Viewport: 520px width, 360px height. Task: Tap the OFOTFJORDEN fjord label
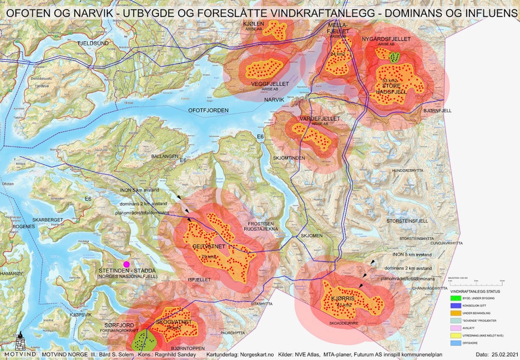[x=208, y=110]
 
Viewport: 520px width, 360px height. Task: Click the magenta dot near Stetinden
[x=127, y=264]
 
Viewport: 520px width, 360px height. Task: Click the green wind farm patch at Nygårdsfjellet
[x=395, y=57]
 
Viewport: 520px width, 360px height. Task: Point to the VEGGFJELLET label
[x=270, y=84]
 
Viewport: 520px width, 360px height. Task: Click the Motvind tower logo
[x=20, y=344]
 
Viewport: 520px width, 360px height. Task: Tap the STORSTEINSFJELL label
[x=407, y=221]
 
